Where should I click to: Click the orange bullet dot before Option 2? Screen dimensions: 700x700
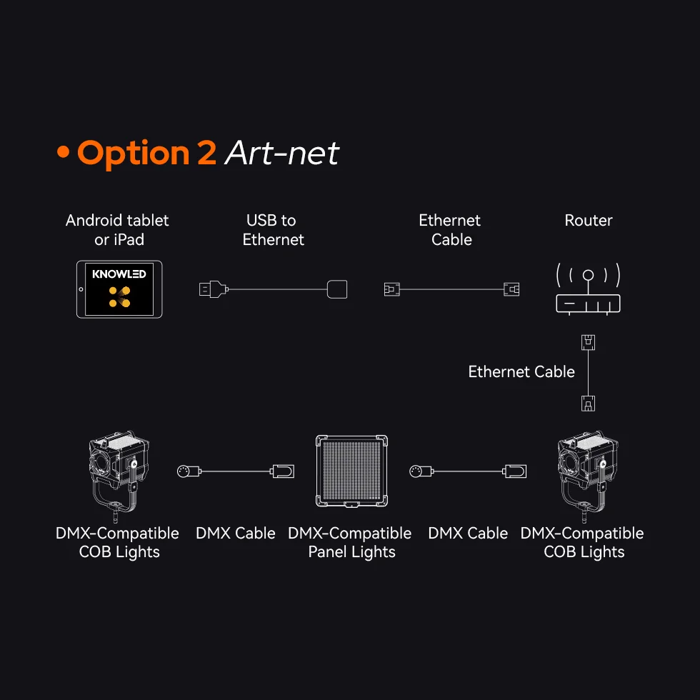pyautogui.click(x=64, y=151)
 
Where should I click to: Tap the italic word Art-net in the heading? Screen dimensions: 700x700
pyautogui.click(x=282, y=153)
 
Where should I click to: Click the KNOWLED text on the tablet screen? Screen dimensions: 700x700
pyautogui.click(x=119, y=274)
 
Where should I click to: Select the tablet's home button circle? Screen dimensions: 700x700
pyautogui.click(x=81, y=289)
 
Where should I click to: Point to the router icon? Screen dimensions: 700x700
pyautogui.click(x=588, y=289)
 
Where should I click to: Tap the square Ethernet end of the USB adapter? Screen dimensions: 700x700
pyautogui.click(x=337, y=289)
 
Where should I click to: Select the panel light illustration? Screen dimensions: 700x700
pyautogui.click(x=351, y=471)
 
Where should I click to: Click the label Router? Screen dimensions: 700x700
pyautogui.click(x=589, y=220)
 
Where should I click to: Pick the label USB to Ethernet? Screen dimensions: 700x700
pyautogui.click(x=273, y=230)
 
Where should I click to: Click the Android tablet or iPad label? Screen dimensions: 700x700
pyautogui.click(x=117, y=230)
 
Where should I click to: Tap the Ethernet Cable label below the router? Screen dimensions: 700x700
pyautogui.click(x=521, y=371)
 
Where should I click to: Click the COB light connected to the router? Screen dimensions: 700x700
pyautogui.click(x=588, y=476)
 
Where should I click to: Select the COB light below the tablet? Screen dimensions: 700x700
pyautogui.click(x=119, y=476)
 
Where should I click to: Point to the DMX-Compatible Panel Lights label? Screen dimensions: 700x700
pyautogui.click(x=350, y=542)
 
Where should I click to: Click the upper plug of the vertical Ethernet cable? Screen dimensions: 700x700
pyautogui.click(x=588, y=342)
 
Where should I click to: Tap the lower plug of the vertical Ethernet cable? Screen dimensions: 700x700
pyautogui.click(x=588, y=403)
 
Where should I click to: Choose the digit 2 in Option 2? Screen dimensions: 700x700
pyautogui.click(x=206, y=153)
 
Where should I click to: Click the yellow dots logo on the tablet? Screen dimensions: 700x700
pyautogui.click(x=120, y=297)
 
